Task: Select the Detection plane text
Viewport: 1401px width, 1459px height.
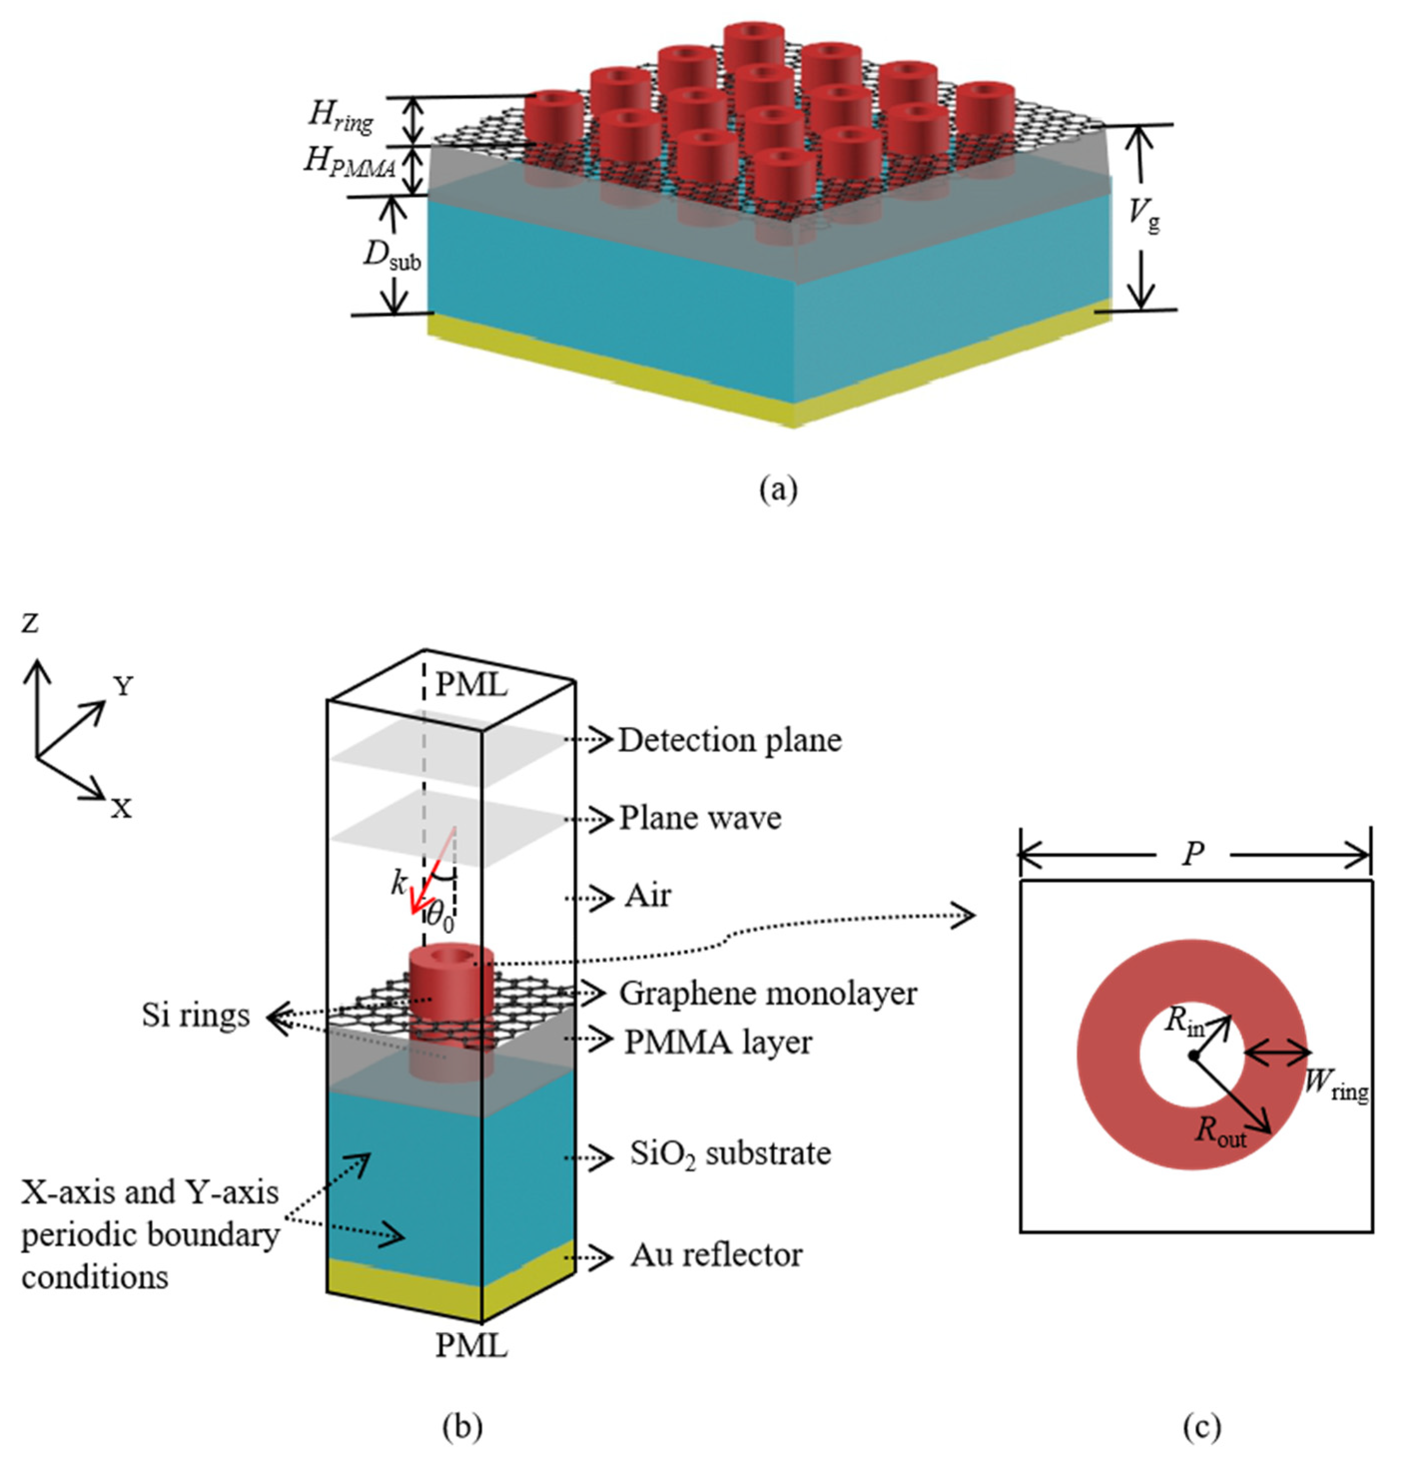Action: [x=730, y=740]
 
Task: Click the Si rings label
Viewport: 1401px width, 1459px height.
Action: [x=196, y=1015]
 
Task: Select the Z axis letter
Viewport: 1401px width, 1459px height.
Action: [x=30, y=623]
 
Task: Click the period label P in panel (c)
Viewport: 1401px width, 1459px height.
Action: [x=1193, y=854]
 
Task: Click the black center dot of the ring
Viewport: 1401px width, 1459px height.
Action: [x=1193, y=1055]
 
